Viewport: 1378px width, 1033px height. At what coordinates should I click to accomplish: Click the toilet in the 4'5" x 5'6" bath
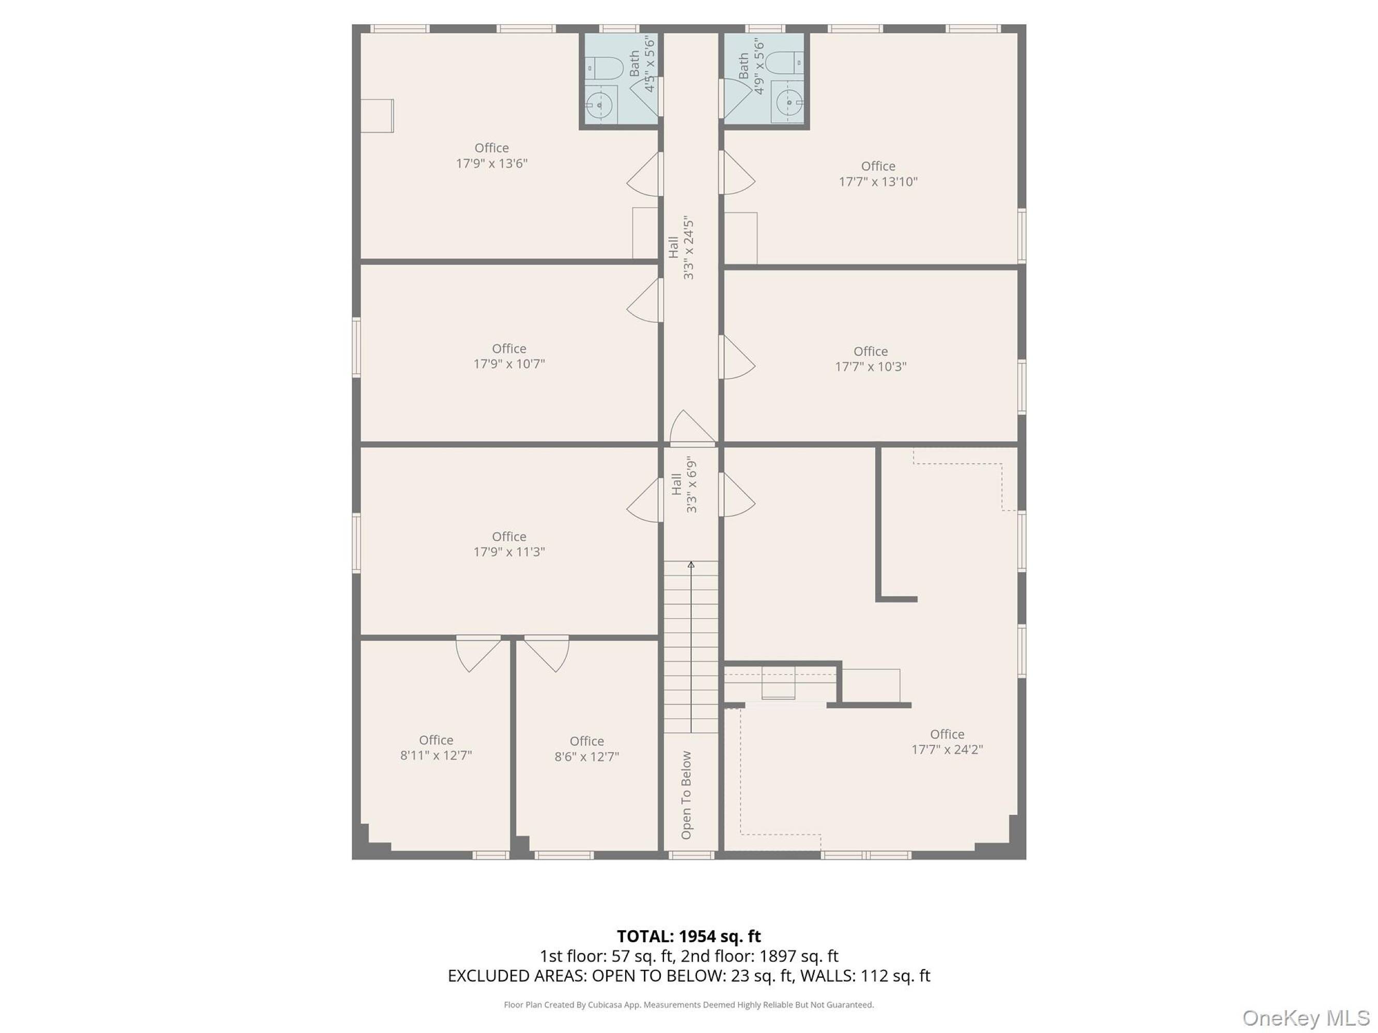[x=605, y=68]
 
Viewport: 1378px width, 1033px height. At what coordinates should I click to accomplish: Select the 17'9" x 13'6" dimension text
[x=491, y=164]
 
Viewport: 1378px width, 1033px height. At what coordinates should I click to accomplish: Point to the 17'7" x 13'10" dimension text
[x=878, y=182]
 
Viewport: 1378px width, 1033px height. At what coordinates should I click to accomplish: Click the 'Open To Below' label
[x=686, y=795]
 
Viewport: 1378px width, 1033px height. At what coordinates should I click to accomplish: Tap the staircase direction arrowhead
[x=691, y=565]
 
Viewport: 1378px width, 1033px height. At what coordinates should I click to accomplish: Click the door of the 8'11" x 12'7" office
[x=478, y=654]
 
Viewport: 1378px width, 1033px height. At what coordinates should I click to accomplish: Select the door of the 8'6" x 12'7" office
[x=546, y=654]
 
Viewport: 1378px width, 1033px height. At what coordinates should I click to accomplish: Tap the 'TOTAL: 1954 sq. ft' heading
[x=689, y=936]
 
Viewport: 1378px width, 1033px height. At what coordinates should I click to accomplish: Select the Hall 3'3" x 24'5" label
[x=681, y=248]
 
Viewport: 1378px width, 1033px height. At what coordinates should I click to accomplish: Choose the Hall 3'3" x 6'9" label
[x=684, y=484]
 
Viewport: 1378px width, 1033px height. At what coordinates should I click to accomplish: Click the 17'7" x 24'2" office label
[x=947, y=742]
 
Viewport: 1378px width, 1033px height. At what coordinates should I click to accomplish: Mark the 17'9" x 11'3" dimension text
[x=509, y=552]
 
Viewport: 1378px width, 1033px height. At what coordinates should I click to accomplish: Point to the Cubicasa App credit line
[x=689, y=1005]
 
